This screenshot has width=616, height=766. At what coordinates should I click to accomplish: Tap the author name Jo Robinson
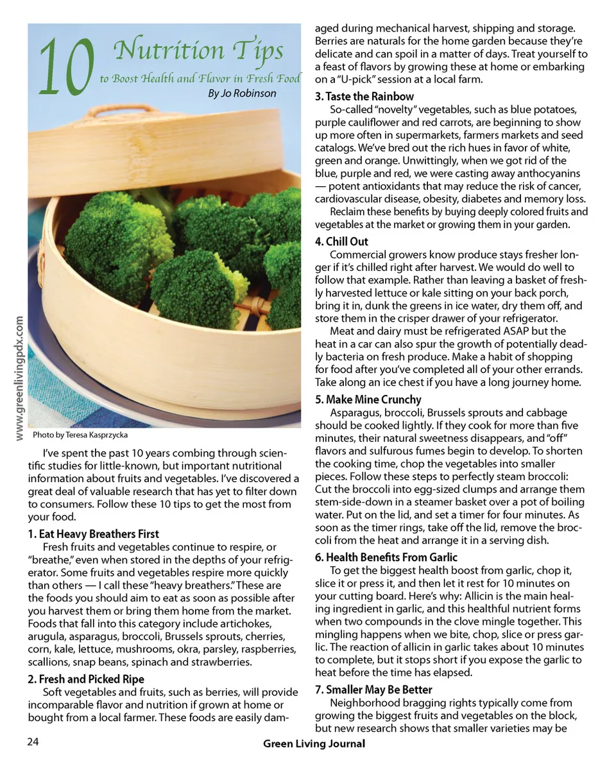click(x=243, y=94)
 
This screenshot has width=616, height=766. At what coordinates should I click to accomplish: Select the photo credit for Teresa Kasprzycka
click(x=80, y=435)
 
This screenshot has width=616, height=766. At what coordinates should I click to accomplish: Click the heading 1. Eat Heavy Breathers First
click(x=93, y=534)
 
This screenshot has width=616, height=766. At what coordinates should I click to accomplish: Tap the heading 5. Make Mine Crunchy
click(x=368, y=399)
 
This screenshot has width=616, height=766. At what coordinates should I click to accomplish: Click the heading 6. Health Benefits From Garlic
click(x=386, y=557)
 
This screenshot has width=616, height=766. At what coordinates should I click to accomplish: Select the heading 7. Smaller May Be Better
click(x=373, y=690)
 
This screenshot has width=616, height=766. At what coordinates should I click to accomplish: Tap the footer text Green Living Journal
click(x=314, y=744)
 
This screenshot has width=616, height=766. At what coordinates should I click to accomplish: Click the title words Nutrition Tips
click(x=198, y=49)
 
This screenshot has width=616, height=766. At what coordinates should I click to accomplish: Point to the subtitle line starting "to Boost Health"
click(x=200, y=78)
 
